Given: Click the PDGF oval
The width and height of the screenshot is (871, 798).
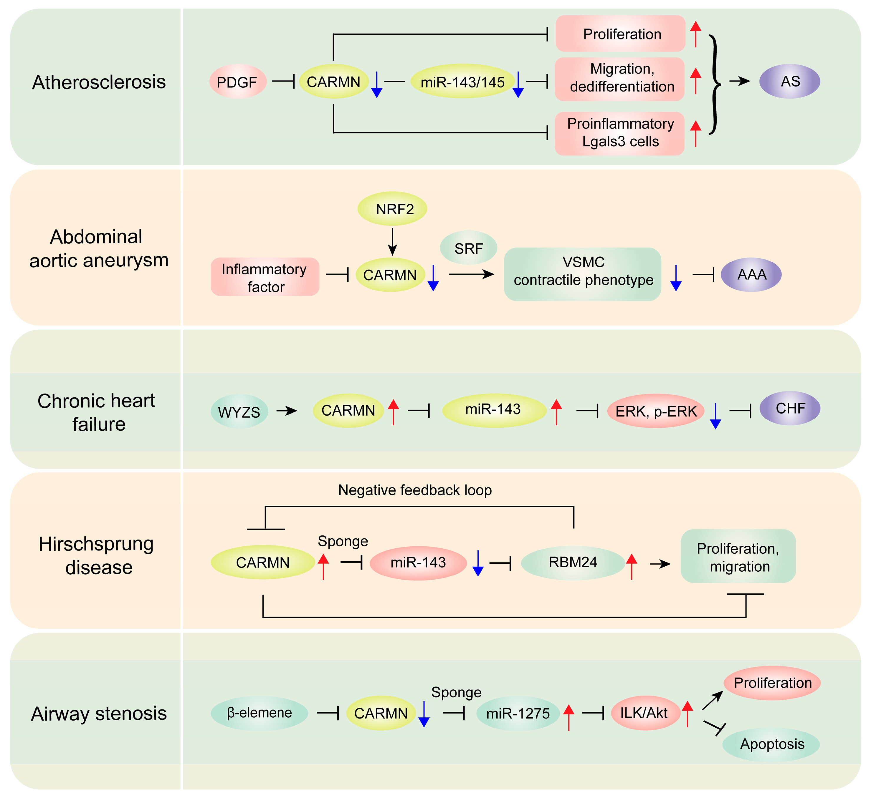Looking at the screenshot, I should (238, 82).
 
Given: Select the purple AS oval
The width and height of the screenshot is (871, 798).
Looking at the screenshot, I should (789, 81).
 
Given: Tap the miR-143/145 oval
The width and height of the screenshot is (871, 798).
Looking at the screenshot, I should (462, 82).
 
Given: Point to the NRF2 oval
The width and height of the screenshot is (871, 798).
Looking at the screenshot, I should (392, 209).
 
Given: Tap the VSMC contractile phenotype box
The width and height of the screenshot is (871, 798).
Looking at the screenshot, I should (582, 274).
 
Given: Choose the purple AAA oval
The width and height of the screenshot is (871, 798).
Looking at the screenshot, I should (751, 274).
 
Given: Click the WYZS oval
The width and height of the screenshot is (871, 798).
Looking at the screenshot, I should (239, 411).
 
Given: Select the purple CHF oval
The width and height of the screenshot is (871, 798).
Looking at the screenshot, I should (789, 408).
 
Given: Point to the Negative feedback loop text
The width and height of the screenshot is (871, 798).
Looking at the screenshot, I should (415, 490).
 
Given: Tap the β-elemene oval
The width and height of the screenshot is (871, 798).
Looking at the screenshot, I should (259, 713).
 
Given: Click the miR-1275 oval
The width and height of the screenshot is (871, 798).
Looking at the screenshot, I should (518, 713).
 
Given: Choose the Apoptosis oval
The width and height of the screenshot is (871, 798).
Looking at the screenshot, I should (771, 744).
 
